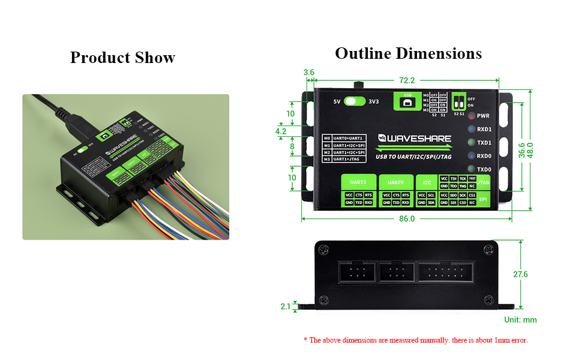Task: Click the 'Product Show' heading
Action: point(122,58)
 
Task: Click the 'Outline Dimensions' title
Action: point(408,53)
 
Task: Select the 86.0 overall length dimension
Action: point(406,218)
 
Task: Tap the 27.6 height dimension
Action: point(521,274)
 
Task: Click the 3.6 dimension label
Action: point(308,73)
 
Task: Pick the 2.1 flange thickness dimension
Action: point(286,307)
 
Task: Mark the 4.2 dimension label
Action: point(280,131)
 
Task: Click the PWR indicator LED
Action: point(472,115)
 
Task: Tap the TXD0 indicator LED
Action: point(472,169)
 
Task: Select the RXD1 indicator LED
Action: point(472,129)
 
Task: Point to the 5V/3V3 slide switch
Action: point(356,101)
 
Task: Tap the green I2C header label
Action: point(427,182)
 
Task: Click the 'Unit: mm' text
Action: point(520,320)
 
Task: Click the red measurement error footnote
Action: point(416,340)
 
